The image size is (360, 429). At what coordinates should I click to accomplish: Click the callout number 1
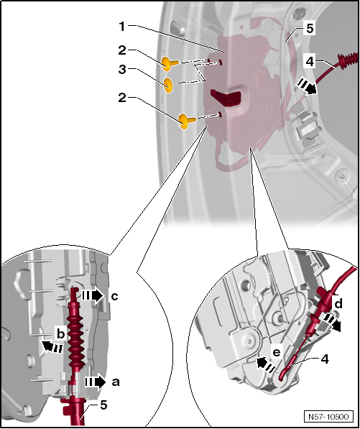(121, 27)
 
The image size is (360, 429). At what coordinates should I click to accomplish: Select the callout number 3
(122, 70)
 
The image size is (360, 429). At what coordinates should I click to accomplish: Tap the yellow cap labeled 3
(167, 85)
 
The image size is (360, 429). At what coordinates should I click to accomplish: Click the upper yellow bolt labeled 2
(170, 63)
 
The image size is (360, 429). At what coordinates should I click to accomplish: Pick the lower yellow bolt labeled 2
(187, 121)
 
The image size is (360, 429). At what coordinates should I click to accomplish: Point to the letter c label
(114, 296)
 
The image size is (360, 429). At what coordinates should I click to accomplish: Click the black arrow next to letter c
(93, 296)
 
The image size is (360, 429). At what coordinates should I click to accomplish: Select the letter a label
(116, 382)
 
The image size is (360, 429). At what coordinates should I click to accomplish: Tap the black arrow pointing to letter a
(95, 382)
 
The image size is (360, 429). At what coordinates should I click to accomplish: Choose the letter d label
(338, 304)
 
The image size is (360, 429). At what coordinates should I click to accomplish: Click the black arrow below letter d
(331, 322)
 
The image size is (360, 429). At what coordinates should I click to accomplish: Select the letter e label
(277, 354)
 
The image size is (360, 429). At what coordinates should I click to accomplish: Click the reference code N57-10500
(328, 417)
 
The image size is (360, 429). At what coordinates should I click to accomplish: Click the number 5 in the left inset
(103, 405)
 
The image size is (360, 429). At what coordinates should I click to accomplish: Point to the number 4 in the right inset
(324, 359)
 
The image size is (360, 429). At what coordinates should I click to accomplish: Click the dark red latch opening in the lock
(226, 98)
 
